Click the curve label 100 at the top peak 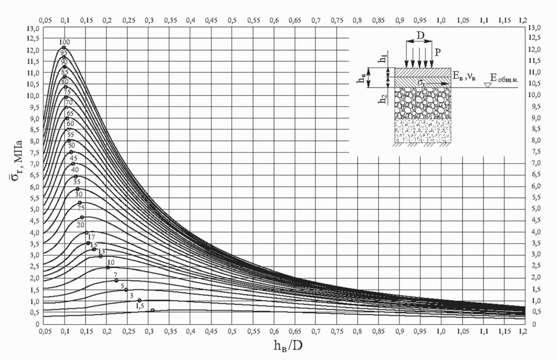[x=64, y=41]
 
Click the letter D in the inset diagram [x=420, y=37]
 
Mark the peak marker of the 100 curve [x=64, y=48]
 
